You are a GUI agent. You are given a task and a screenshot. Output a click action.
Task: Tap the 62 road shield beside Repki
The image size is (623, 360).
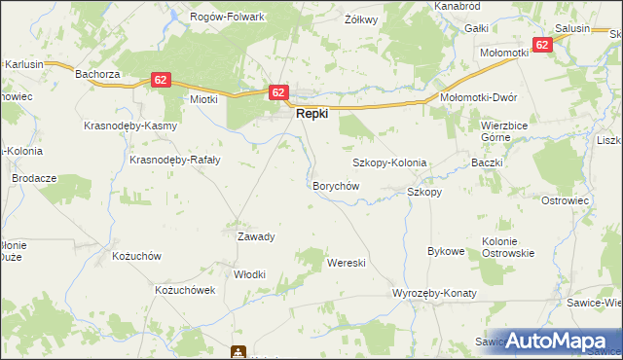tap(278, 92)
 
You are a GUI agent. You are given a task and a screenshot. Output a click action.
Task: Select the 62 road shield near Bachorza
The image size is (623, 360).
tap(162, 81)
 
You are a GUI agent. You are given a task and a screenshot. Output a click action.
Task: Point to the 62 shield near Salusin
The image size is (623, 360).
tap(542, 45)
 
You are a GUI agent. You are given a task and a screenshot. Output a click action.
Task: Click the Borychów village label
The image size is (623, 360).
tap(336, 185)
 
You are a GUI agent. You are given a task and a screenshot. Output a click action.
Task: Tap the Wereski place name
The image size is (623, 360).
tap(346, 263)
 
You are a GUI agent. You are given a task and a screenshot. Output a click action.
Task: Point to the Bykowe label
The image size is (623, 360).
tap(446, 251)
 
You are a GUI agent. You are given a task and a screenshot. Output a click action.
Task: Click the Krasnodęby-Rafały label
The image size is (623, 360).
tap(165, 161)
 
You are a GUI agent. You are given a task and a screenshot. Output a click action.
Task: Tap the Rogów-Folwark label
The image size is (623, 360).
tap(229, 17)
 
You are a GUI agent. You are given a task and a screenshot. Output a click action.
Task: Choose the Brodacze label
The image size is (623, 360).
tap(29, 179)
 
